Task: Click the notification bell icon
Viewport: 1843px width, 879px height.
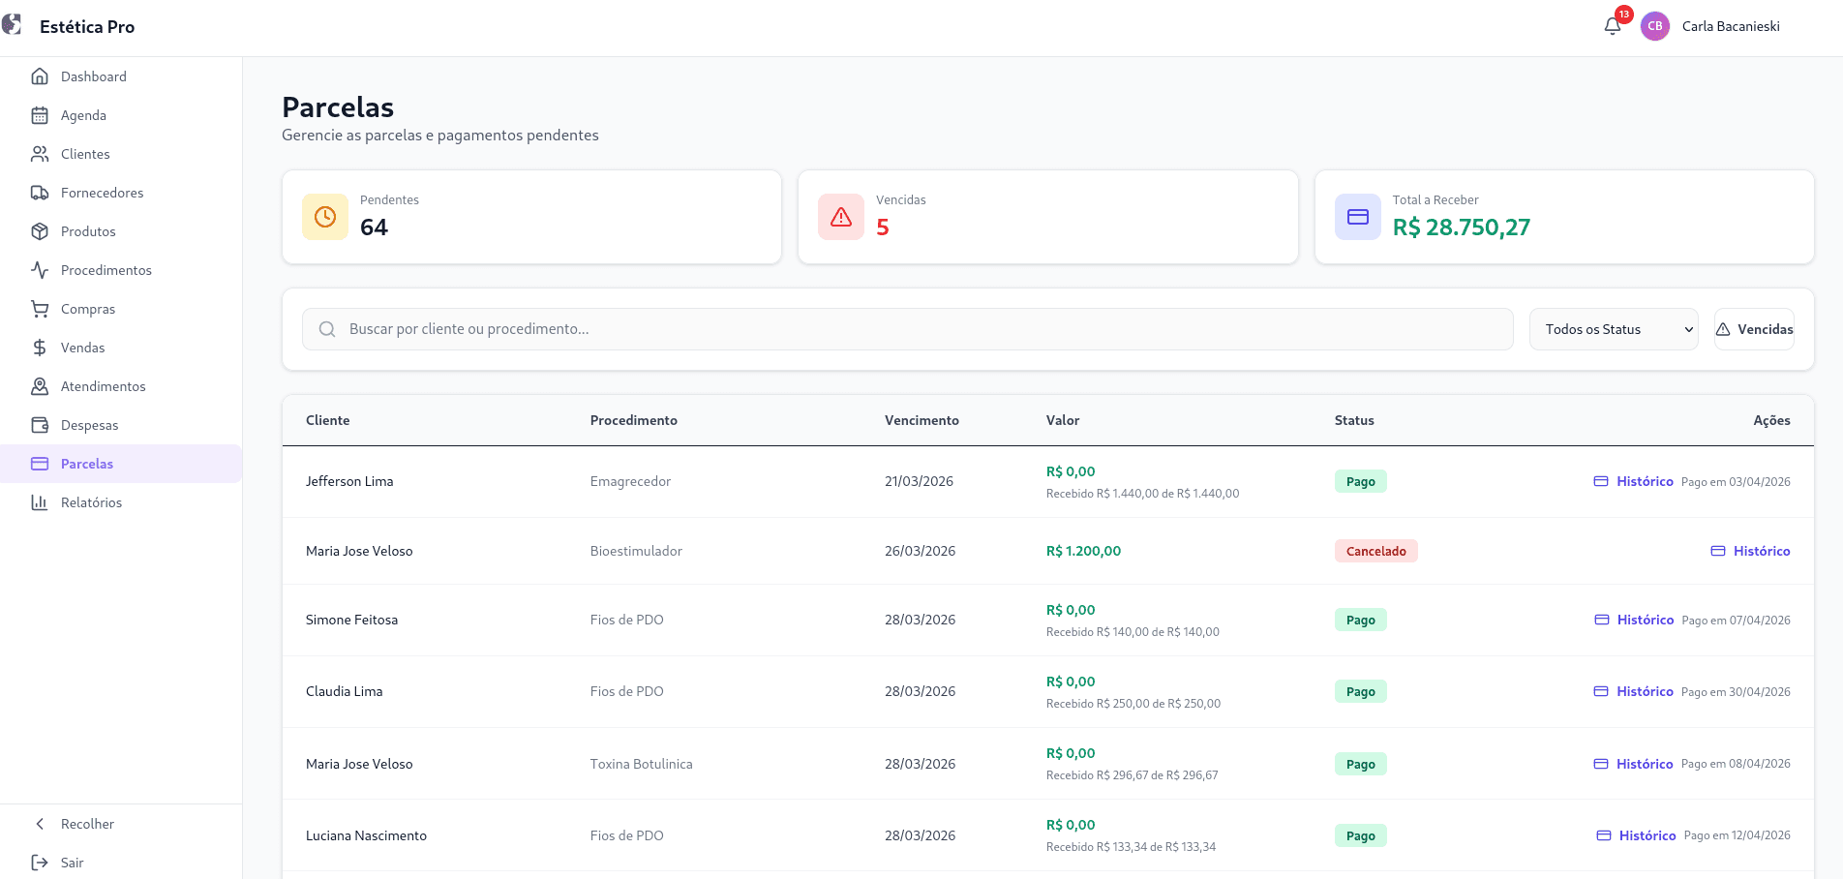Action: tap(1613, 26)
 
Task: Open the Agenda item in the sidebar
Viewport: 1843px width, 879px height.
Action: tap(83, 115)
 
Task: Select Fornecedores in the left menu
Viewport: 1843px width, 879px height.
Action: tap(102, 193)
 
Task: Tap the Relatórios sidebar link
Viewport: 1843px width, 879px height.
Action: tap(91, 502)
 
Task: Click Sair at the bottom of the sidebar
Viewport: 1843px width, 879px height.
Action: tap(72, 863)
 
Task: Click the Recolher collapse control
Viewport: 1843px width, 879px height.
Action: tap(87, 824)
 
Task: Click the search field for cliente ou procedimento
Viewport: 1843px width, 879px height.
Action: tap(907, 329)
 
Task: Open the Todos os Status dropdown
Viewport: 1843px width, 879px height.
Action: tap(1614, 329)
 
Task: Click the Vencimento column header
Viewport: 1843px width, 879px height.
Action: tap(921, 420)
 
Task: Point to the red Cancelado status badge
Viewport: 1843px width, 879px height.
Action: tap(1375, 551)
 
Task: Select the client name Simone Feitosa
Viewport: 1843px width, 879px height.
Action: tap(351, 620)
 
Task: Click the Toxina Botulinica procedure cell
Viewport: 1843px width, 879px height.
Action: tap(641, 764)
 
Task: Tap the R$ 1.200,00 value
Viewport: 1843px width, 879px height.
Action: tap(1083, 551)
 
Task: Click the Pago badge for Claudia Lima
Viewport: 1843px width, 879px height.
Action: tap(1360, 691)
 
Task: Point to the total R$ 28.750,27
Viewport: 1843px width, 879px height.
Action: tap(1461, 227)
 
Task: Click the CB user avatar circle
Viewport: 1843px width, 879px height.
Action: tap(1655, 26)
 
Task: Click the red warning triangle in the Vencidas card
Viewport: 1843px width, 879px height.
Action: tap(841, 217)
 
